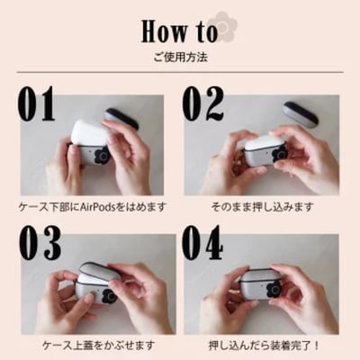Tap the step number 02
point(203,105)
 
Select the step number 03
point(38,243)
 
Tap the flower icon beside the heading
point(220,23)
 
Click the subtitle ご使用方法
point(180,56)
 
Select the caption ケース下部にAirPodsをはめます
point(94,206)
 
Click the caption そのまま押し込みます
point(262,206)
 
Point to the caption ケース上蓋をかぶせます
point(94,345)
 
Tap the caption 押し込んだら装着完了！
point(262,345)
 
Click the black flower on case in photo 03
point(109,294)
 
